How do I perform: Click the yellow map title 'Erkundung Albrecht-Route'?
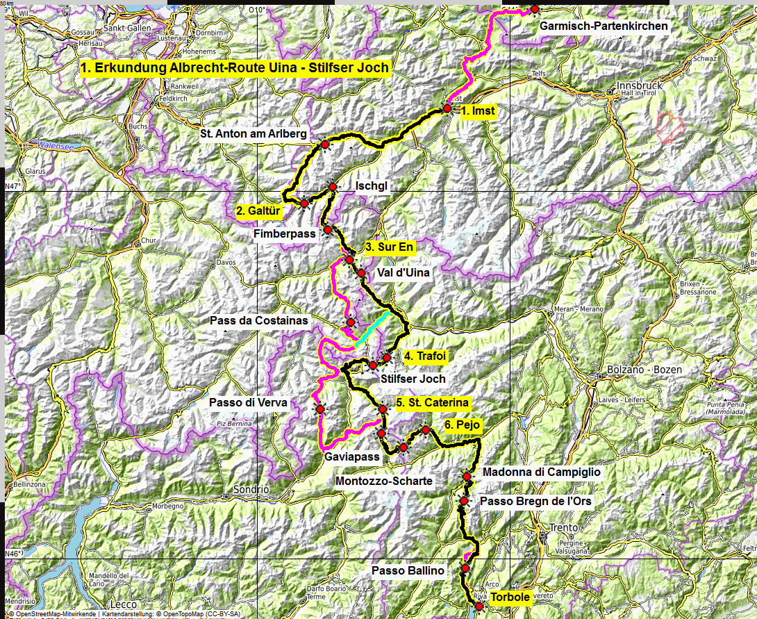[x=235, y=68]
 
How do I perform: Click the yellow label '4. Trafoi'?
[x=424, y=356]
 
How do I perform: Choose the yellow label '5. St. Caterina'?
[x=432, y=402]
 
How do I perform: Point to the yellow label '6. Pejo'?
[x=462, y=425]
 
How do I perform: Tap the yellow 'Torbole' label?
[x=510, y=597]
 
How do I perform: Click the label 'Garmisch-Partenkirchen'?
[x=604, y=26]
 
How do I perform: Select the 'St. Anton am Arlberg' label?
[x=253, y=134]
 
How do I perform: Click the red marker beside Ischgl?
[x=333, y=187]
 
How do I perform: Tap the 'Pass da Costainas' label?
[x=259, y=321]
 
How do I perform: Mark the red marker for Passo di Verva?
[x=319, y=409]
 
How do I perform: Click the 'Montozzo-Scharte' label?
[x=383, y=481]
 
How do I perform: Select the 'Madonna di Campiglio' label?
[x=540, y=472]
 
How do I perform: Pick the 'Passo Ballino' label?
[x=408, y=570]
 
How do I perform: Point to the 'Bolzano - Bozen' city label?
[x=644, y=370]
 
